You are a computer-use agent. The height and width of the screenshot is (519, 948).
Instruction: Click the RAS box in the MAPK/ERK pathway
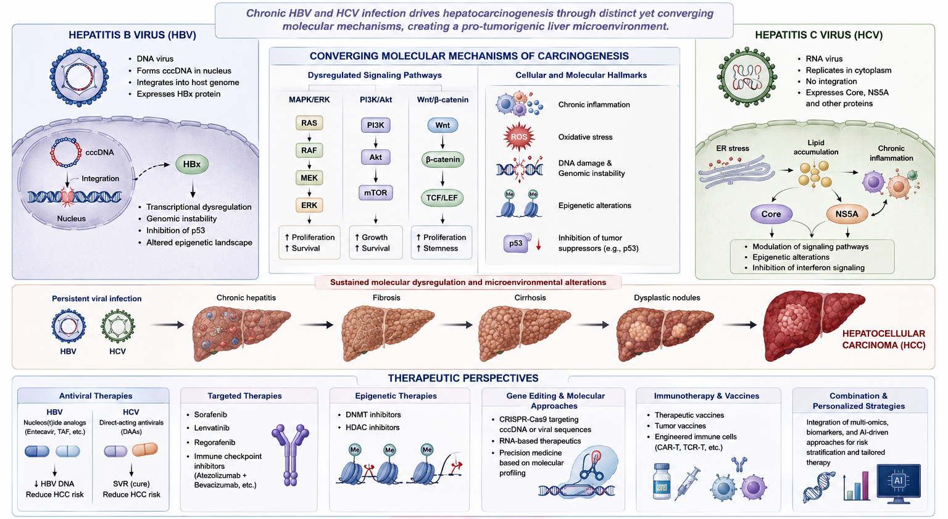(x=309, y=123)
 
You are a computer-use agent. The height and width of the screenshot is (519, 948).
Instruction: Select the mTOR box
(x=375, y=193)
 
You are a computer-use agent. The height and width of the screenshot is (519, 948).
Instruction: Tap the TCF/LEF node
(x=442, y=197)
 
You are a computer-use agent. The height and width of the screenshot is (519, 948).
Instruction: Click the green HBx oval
(x=192, y=164)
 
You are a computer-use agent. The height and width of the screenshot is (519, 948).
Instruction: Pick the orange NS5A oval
(x=847, y=214)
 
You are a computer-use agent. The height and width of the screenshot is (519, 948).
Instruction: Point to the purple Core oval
(x=771, y=214)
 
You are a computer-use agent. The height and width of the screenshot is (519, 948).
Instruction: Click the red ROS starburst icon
(x=519, y=137)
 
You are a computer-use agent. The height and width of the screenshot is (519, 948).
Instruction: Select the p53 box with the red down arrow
(x=516, y=243)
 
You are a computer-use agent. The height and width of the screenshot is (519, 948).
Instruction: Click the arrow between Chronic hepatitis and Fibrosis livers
(x=316, y=325)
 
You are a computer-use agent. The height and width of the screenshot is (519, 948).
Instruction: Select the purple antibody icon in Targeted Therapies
(x=290, y=455)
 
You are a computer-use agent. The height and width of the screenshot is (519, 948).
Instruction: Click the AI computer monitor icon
(x=899, y=483)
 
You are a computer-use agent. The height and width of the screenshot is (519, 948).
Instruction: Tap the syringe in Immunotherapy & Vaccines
(x=688, y=483)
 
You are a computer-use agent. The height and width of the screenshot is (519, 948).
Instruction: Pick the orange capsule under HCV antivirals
(x=145, y=450)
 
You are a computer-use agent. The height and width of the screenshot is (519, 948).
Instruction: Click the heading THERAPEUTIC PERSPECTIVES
(x=463, y=378)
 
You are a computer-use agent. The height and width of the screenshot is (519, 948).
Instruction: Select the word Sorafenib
(x=210, y=415)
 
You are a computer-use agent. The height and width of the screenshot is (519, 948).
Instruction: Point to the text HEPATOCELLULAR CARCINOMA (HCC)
(x=884, y=339)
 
